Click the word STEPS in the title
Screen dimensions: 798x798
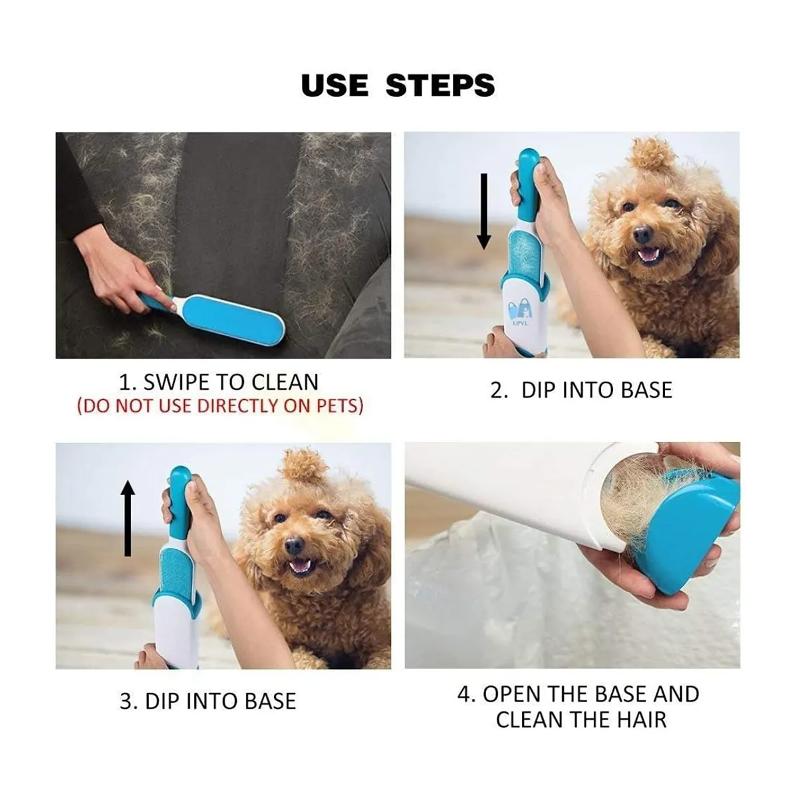pos(440,86)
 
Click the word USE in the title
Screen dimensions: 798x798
pos(334,86)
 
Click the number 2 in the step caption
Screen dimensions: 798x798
pos(497,390)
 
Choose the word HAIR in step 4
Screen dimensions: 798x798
pos(642,720)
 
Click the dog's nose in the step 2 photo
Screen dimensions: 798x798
pos(643,234)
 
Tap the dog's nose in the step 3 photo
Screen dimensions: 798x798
pos(295,546)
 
